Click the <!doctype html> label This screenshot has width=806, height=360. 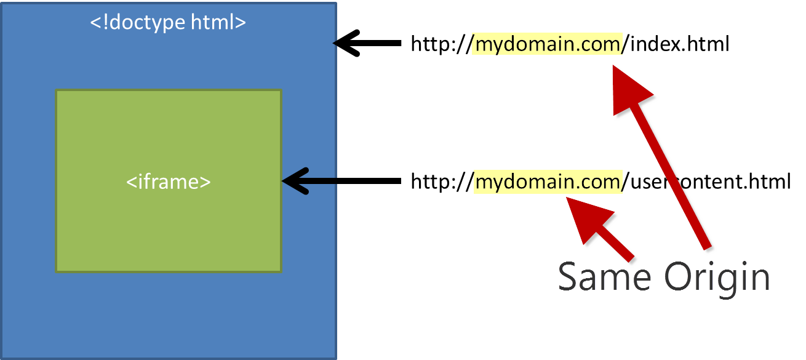tap(168, 22)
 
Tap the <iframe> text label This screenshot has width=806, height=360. tap(169, 182)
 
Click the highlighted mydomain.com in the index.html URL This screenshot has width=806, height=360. tap(548, 44)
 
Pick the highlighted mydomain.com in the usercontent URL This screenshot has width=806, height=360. tap(548, 182)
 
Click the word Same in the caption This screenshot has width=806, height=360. tap(604, 277)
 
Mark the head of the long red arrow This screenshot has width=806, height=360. tap(628, 89)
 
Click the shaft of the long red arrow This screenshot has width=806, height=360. tap(674, 178)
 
